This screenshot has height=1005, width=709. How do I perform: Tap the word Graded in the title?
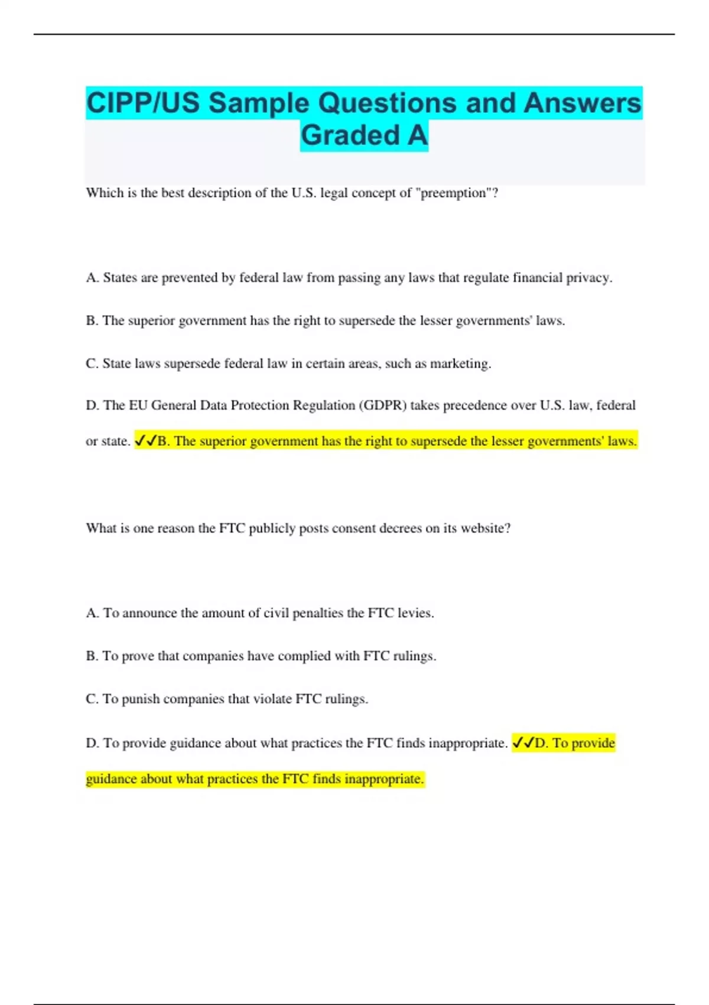351,135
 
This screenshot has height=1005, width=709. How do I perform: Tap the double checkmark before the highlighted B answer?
146,441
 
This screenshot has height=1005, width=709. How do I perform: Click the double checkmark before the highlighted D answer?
523,743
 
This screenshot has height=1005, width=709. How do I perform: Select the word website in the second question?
485,529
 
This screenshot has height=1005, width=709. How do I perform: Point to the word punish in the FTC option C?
141,699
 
